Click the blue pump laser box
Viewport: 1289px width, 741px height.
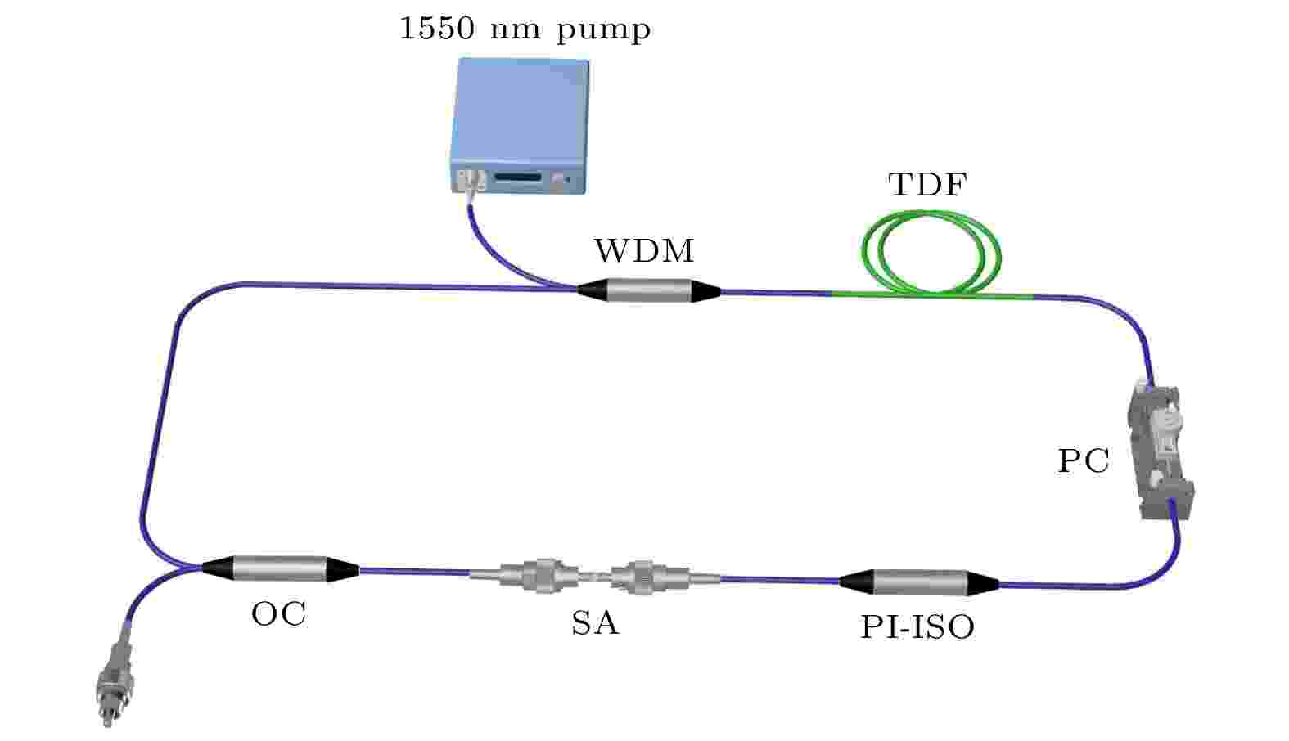pyautogui.click(x=520, y=126)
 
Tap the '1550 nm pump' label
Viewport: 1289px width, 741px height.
pyautogui.click(x=525, y=29)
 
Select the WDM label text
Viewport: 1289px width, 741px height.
pyautogui.click(x=645, y=251)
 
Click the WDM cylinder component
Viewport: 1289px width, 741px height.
pyautogui.click(x=648, y=291)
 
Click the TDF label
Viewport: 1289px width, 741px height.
pyautogui.click(x=927, y=185)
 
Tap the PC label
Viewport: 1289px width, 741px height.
pyautogui.click(x=1084, y=461)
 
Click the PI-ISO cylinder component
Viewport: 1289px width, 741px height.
pyautogui.click(x=919, y=582)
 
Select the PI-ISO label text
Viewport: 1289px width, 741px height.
pyautogui.click(x=917, y=627)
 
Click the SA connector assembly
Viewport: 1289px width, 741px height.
pyautogui.click(x=595, y=576)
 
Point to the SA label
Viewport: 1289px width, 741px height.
pyautogui.click(x=595, y=623)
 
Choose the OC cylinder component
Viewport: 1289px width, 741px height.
pyautogui.click(x=280, y=568)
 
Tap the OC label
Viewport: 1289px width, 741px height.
pyautogui.click(x=279, y=614)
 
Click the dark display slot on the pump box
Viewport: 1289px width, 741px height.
pyautogui.click(x=519, y=177)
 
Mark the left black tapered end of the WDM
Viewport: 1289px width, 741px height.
pyautogui.click(x=593, y=290)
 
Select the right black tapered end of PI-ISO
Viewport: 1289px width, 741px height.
pyautogui.click(x=984, y=584)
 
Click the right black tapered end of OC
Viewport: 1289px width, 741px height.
pyautogui.click(x=344, y=570)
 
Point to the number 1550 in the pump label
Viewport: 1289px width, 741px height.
pyautogui.click(x=437, y=28)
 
